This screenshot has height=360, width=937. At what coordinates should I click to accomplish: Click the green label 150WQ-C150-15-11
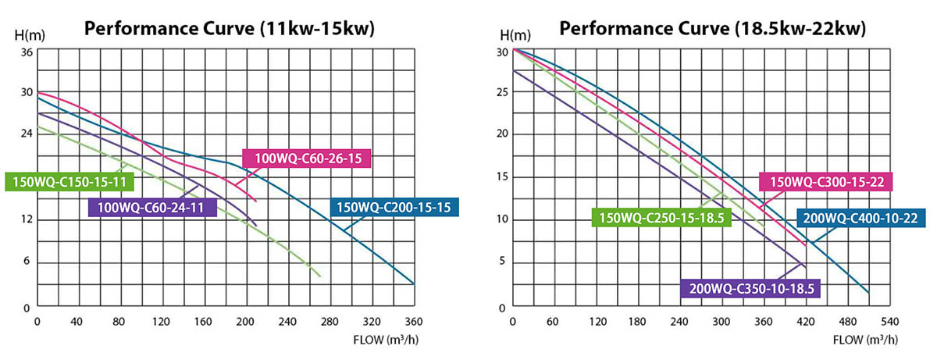[x=69, y=182]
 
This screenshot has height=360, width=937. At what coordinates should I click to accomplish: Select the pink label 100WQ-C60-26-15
[x=305, y=159]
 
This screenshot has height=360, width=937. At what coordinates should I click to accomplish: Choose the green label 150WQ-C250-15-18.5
[x=661, y=216]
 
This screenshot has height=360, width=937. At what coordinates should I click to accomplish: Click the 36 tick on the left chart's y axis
[x=27, y=52]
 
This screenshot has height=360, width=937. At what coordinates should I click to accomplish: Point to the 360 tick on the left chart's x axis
[x=414, y=321]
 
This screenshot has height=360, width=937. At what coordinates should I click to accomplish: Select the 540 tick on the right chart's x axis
[x=888, y=321]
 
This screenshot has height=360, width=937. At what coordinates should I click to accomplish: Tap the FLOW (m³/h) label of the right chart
[x=865, y=340]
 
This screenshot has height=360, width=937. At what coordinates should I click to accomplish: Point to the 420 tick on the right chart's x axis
[x=803, y=321]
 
